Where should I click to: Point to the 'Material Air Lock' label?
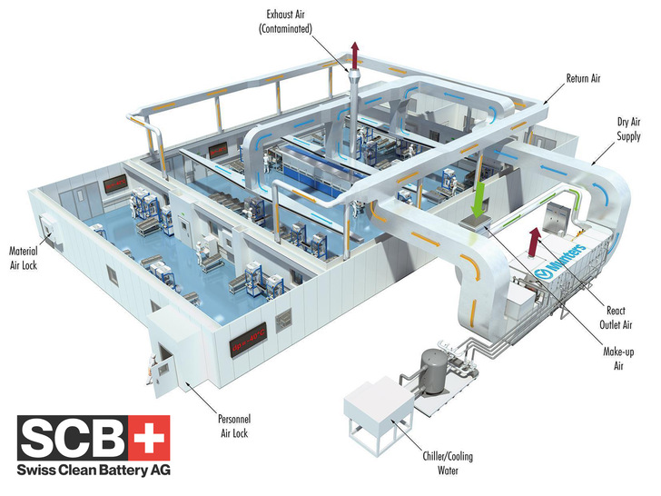coord(26,256)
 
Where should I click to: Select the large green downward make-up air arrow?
coord(478,197)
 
